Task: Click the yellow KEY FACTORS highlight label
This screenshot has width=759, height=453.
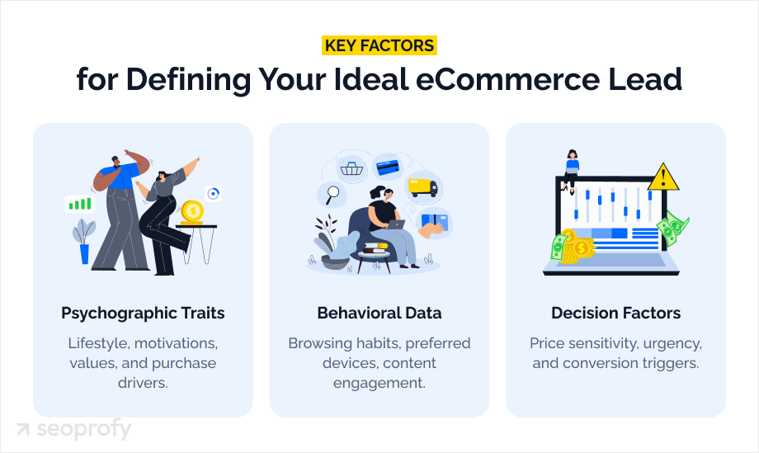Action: click(x=379, y=45)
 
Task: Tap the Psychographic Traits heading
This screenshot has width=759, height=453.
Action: click(x=143, y=314)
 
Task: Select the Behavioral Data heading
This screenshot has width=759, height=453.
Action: click(x=379, y=314)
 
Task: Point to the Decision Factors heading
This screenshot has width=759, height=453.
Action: click(x=615, y=314)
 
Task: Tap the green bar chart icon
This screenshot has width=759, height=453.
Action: click(x=80, y=203)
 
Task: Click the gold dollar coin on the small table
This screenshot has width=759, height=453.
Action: click(x=193, y=211)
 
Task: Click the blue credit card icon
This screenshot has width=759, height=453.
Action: click(x=387, y=166)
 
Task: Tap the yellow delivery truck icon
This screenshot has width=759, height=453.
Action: click(x=422, y=187)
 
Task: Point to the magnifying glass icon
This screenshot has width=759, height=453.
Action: click(x=332, y=196)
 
